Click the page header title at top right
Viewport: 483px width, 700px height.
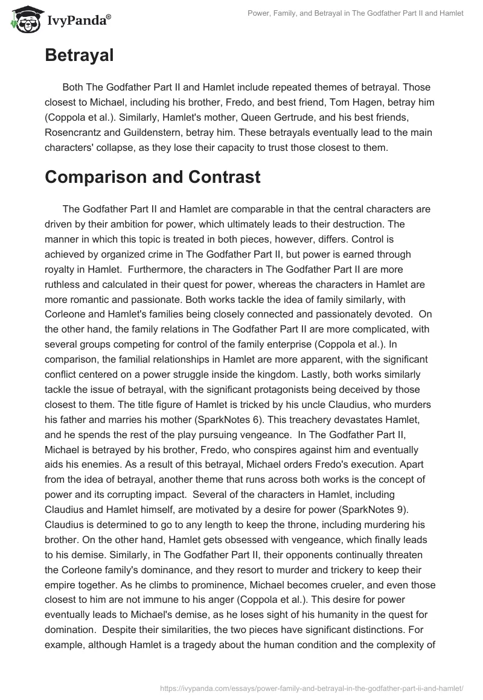tap(357, 14)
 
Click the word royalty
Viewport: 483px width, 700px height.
tap(62, 269)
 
